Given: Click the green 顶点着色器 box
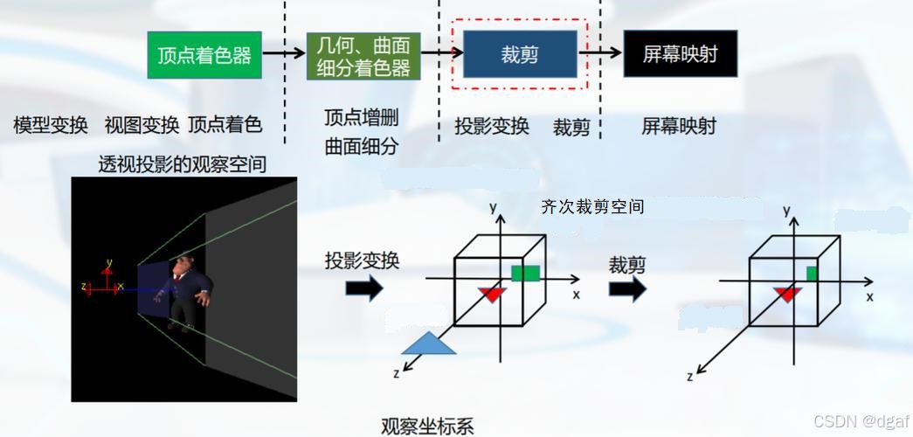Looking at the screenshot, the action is click(x=204, y=55).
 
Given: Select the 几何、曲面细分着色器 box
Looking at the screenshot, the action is click(x=359, y=56).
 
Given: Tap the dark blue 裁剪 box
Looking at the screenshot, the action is click(x=519, y=55).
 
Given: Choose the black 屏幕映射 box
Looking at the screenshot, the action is click(x=681, y=55).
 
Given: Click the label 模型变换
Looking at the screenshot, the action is click(x=51, y=125).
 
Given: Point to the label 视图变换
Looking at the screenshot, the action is click(x=142, y=125).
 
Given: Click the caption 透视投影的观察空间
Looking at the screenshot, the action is click(x=182, y=163).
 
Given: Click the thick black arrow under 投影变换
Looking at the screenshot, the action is click(x=364, y=288).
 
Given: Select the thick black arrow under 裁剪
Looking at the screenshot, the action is click(x=627, y=288).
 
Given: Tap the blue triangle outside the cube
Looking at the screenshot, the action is click(x=429, y=344).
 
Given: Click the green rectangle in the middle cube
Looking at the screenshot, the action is click(x=524, y=274).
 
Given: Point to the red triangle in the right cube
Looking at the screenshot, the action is click(x=786, y=294).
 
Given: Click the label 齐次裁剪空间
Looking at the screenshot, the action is click(x=592, y=207).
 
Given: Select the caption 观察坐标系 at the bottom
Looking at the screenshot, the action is click(x=428, y=426).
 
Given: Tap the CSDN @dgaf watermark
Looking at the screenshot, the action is click(x=859, y=422).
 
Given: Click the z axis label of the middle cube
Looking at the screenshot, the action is click(x=396, y=374).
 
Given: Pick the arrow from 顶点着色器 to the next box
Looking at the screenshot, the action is click(x=284, y=54).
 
